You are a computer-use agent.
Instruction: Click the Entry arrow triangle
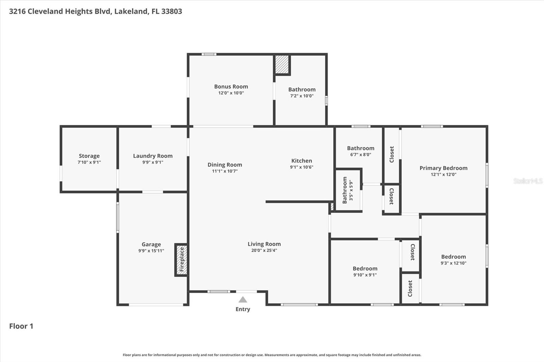242,300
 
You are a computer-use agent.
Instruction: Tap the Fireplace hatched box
182,259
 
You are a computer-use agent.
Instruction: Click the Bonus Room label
231,87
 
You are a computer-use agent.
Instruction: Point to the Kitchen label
301,161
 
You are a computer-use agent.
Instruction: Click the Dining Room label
225,165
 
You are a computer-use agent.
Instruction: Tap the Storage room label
89,156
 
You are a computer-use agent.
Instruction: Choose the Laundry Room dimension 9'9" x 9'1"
153,162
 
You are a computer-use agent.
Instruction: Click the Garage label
151,244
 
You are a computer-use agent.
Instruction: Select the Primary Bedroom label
443,168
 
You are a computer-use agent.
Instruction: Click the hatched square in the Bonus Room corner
282,64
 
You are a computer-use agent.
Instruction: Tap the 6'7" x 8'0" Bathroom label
360,148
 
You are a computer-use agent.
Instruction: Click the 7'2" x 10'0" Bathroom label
302,89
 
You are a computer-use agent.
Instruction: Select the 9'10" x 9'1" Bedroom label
365,269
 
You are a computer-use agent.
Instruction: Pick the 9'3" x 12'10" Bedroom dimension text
453,263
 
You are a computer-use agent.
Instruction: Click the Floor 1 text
21,326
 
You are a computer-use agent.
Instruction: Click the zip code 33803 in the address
172,11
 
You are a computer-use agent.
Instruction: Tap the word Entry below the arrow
242,309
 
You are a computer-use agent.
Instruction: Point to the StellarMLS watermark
528,181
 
